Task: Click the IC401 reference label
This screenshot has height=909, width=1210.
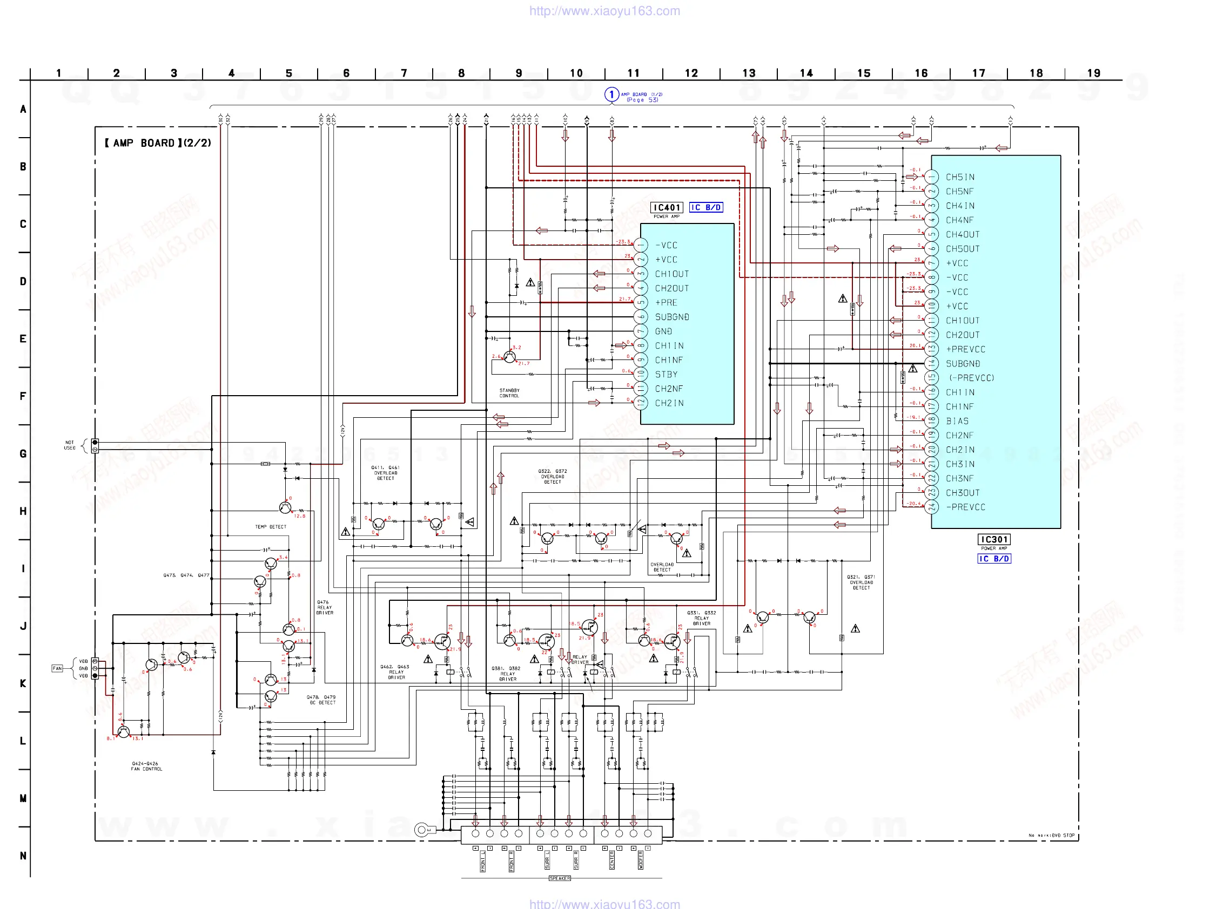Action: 666,208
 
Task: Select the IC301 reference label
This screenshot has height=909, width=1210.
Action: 993,539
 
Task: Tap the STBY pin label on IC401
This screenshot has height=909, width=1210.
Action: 666,375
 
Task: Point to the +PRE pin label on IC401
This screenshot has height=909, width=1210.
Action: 666,302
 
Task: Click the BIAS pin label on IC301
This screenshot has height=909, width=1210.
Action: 957,421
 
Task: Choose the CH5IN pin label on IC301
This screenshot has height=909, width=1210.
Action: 960,177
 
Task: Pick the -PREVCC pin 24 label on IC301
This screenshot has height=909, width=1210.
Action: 965,507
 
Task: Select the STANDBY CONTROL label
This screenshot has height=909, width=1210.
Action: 509,393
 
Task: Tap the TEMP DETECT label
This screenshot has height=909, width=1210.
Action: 270,527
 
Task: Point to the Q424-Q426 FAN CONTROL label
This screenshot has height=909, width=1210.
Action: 146,766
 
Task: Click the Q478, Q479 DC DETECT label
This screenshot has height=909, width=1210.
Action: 321,700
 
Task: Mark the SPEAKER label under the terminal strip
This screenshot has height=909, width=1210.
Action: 560,878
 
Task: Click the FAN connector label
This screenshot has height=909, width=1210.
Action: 57,668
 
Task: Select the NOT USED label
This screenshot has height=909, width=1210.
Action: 70,445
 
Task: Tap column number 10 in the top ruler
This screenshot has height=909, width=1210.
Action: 576,73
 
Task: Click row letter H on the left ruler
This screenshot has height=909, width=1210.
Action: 23,511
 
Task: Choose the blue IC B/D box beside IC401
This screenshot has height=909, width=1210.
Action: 705,208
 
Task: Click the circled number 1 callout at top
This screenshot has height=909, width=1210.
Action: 611,94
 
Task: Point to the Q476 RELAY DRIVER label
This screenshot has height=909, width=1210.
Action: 325,607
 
